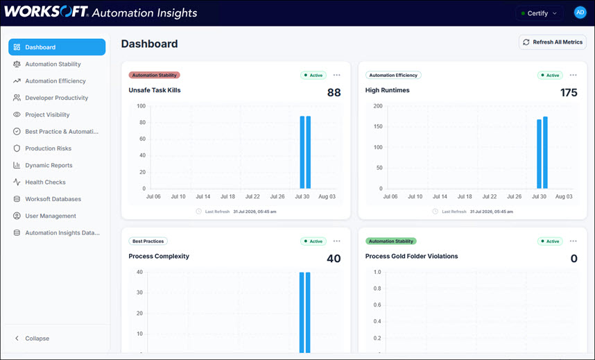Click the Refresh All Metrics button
coord(553,42)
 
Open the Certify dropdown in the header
coord(540,13)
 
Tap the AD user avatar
coord(580,12)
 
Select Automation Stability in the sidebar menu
coord(53,65)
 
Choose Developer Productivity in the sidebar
coord(57,98)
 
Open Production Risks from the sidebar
coord(48,148)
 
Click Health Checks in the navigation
coord(45,182)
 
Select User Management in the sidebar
coord(51,216)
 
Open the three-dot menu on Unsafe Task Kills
coord(336,75)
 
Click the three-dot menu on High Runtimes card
coord(573,75)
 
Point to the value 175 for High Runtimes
coord(569,93)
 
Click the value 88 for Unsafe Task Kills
coord(334,93)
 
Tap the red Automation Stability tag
coord(155,75)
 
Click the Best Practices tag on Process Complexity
coord(148,241)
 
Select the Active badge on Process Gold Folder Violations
coord(550,241)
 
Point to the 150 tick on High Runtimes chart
coord(378,126)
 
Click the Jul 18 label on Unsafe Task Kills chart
coord(227,197)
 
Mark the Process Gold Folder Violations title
coord(411,257)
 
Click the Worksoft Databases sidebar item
coord(53,199)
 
